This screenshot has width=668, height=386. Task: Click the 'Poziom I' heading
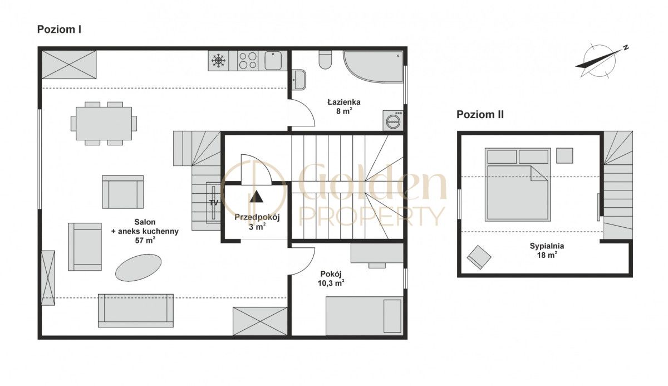pos(59,30)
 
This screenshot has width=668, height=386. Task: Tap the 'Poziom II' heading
pos(480,115)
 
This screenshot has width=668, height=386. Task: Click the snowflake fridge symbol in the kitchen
pos(218,61)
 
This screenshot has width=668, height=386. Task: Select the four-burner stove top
pos(248,61)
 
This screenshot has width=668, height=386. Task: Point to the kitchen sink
pos(273,61)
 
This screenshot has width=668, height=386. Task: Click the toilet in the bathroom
pos(325,60)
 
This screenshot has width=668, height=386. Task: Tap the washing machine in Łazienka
pos(393,120)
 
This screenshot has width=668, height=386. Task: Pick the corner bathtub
pos(373,66)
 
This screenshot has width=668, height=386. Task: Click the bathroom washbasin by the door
pos(298,80)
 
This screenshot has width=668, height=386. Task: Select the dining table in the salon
pos(104,124)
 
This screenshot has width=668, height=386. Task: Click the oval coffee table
pos(139,267)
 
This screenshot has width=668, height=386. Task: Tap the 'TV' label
pos(214,203)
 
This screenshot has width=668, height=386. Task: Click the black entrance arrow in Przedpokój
pos(257,197)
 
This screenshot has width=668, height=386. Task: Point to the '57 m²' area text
pos(145,240)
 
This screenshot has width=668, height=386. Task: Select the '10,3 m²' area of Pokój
pos(331,283)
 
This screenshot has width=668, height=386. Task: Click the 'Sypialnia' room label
pos(547,246)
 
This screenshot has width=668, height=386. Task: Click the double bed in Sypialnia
pos(518,185)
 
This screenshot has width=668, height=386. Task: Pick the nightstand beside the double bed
pos(564,156)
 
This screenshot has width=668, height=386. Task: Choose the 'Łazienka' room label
pos(344,102)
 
